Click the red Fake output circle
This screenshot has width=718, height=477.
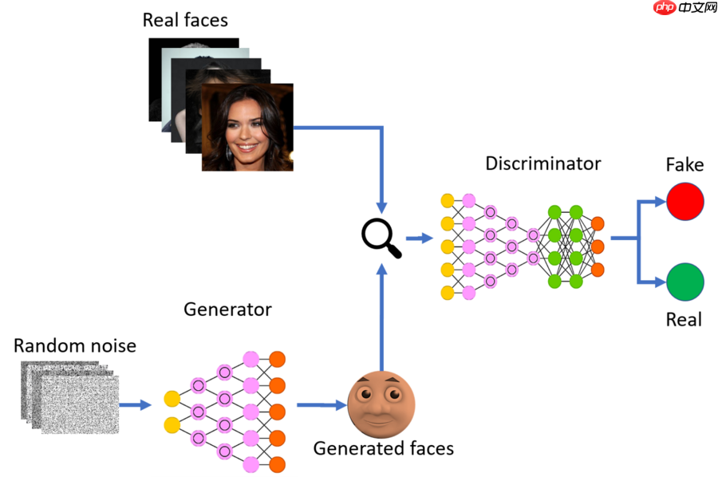pyautogui.click(x=685, y=201)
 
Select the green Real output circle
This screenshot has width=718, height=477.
pyautogui.click(x=685, y=282)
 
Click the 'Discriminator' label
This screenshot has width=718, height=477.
pyautogui.click(x=542, y=164)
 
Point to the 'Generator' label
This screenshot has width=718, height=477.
pyautogui.click(x=227, y=309)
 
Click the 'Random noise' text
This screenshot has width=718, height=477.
pyautogui.click(x=75, y=345)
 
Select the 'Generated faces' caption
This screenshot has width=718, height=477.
pyautogui.click(x=383, y=448)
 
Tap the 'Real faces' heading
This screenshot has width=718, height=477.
pyautogui.click(x=185, y=20)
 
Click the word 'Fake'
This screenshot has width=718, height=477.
pyautogui.click(x=684, y=165)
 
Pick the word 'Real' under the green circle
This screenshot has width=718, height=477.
pyautogui.click(x=684, y=320)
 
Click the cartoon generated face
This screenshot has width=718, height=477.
pyautogui.click(x=381, y=404)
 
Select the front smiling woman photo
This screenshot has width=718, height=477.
pyautogui.click(x=247, y=128)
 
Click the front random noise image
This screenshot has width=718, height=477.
pyautogui.click(x=80, y=404)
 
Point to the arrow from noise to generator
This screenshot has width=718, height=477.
pyautogui.click(x=136, y=405)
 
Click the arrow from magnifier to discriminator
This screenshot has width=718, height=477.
pyautogui.click(x=416, y=238)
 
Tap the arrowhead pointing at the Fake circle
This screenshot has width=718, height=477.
pyautogui.click(x=660, y=202)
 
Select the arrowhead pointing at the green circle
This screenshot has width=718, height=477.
pyautogui.click(x=660, y=282)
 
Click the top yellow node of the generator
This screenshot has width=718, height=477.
pyautogui.click(x=172, y=398)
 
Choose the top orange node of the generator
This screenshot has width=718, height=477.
pyautogui.click(x=278, y=359)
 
